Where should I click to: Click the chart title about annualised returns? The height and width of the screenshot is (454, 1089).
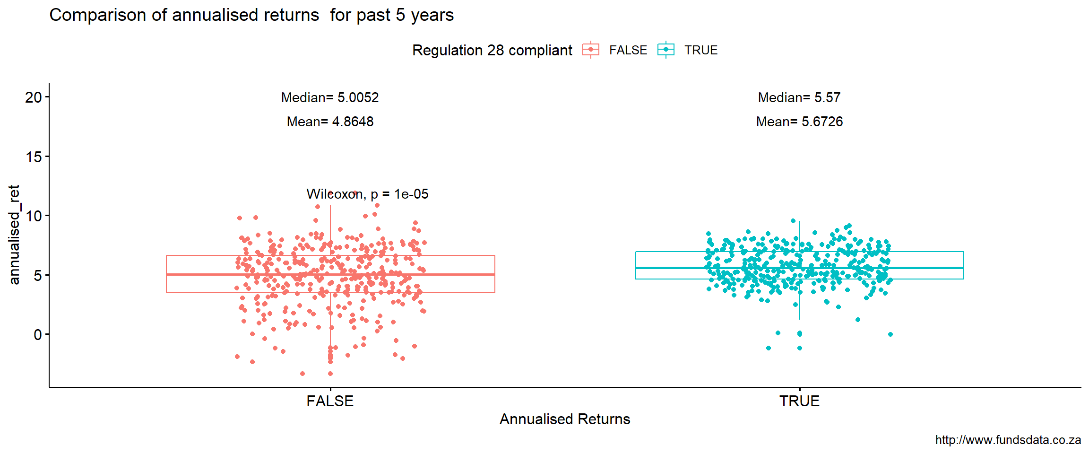[251, 15]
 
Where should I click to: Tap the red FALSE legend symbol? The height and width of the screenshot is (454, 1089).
[591, 50]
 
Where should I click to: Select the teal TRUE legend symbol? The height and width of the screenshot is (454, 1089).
[666, 50]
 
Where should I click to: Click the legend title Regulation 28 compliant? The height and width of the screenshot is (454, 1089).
[492, 50]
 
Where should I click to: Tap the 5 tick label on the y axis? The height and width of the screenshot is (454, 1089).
[38, 275]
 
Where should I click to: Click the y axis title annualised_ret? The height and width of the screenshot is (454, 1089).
[14, 235]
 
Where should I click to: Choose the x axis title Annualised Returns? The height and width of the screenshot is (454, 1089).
[565, 419]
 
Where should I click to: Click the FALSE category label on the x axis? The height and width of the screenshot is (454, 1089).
[330, 401]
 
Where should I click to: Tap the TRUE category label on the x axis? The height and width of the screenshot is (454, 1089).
[799, 401]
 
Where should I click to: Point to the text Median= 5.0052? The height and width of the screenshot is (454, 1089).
[330, 97]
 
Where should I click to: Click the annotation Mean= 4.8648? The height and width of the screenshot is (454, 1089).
[330, 122]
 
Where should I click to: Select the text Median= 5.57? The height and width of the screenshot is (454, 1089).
[799, 97]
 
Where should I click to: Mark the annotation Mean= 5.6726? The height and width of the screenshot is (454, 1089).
[799, 122]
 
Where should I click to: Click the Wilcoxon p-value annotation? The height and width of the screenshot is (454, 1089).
[367, 194]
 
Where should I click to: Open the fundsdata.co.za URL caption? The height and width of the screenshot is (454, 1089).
[1008, 440]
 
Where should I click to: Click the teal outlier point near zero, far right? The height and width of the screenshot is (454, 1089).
[890, 334]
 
